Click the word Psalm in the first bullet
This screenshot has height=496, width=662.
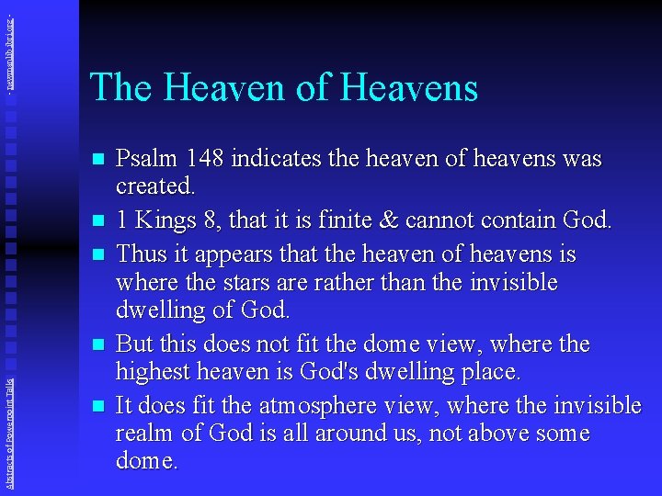pos(143,159)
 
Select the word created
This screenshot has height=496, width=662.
pos(154,186)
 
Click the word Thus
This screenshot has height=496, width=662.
pos(143,253)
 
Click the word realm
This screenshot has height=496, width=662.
pos(143,433)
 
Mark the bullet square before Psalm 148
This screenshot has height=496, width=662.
pos(98,159)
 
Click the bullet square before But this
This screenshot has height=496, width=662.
pos(98,344)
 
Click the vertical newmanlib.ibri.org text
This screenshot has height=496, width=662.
pos(9,46)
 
